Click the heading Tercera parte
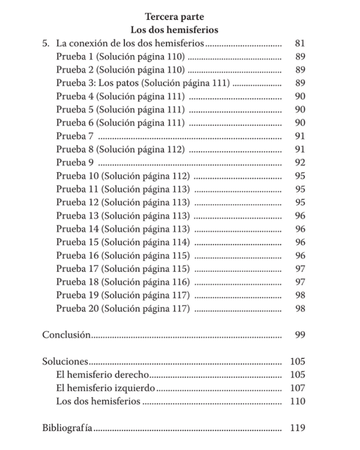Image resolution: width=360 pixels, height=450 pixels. tap(175, 17)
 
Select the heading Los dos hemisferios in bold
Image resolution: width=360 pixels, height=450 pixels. tap(175, 30)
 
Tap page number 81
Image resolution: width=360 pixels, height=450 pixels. tap(300, 44)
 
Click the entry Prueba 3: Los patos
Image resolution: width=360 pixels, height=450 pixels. tap(142, 83)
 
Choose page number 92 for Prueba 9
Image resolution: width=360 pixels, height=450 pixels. tap(300, 163)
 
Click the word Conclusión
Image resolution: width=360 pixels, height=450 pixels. tap(66, 335)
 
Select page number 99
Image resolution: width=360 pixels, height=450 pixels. tap(300, 335)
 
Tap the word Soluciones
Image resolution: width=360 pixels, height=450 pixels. tap(65, 361)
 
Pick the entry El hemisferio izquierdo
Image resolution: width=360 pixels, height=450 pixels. tap(105, 388)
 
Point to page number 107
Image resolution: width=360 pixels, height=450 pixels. tap(298, 388)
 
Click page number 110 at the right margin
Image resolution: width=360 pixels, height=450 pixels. tap(298, 401)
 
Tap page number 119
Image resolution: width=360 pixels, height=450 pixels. tap(298, 428)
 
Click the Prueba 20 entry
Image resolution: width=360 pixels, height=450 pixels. tap(123, 308)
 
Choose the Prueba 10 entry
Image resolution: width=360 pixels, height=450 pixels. tap(123, 176)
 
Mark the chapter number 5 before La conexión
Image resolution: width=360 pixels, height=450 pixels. tap(45, 44)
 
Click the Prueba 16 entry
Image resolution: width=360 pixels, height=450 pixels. tap(123, 256)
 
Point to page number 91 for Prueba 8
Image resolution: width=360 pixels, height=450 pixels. tap(300, 149)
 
